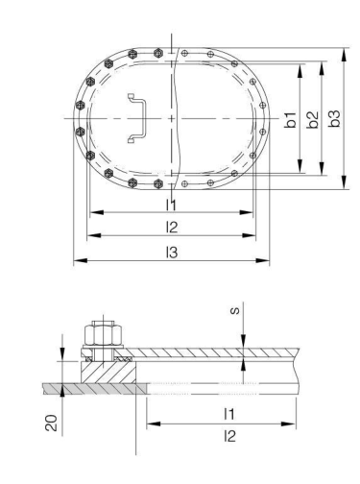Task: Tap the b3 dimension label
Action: point(334,121)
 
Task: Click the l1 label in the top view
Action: point(170,205)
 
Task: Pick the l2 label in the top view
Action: point(170,227)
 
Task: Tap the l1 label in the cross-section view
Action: point(227,413)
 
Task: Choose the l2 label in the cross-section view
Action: point(227,436)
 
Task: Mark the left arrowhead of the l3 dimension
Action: point(77,260)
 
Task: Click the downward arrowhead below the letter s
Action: point(246,343)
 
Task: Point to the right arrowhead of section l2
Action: point(296,447)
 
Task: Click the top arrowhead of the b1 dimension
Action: point(300,67)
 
